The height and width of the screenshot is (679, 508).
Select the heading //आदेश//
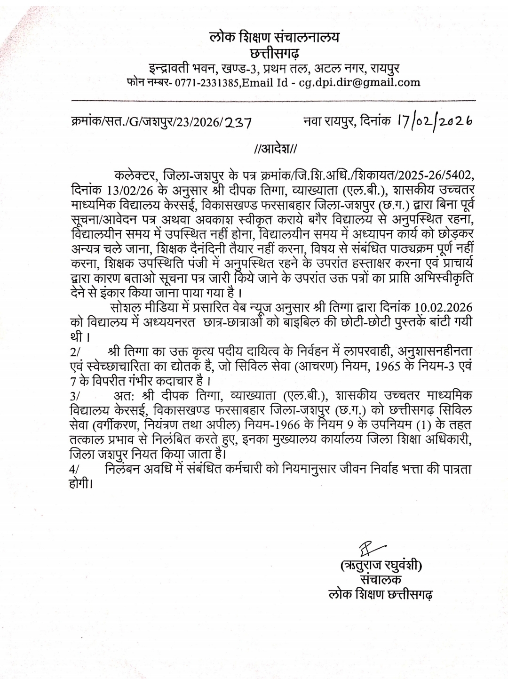tap(275, 150)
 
